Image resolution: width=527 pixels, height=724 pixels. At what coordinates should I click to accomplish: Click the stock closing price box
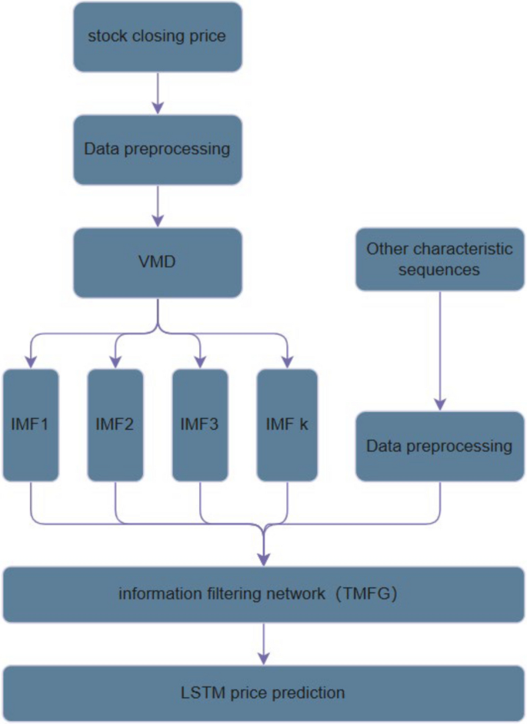[158, 36]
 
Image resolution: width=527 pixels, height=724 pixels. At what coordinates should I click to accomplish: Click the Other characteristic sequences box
[439, 259]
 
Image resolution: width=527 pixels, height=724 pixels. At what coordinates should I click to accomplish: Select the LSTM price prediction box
[263, 692]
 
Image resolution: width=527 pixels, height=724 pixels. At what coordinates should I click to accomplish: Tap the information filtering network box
[263, 594]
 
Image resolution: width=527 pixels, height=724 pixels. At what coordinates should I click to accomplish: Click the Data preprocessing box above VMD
[158, 149]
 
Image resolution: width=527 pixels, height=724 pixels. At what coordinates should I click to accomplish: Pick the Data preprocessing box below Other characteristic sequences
[439, 446]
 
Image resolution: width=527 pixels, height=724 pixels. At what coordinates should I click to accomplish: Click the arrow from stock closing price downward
[158, 92]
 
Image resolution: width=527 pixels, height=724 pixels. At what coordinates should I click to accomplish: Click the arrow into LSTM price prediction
[264, 644]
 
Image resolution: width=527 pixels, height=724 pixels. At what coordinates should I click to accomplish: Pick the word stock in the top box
[106, 36]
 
